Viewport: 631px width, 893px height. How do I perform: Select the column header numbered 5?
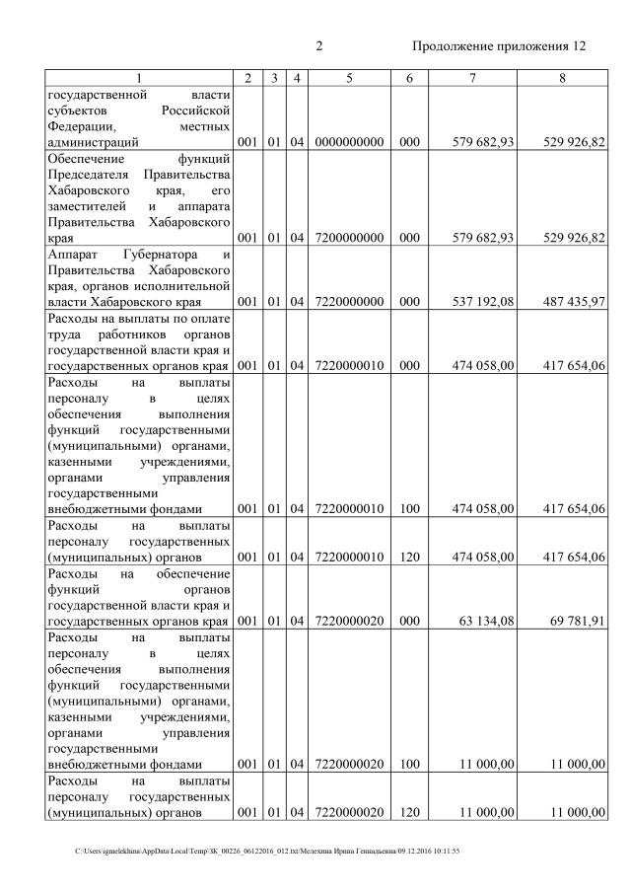point(349,78)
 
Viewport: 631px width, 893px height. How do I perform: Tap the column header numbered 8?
point(562,78)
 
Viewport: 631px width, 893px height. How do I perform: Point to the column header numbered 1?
point(139,78)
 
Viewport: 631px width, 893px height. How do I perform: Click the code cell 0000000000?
point(349,143)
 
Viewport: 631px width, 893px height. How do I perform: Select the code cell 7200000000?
point(349,238)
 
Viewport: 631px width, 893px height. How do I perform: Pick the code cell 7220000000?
point(349,302)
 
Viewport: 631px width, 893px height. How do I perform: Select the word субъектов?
point(78,111)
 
